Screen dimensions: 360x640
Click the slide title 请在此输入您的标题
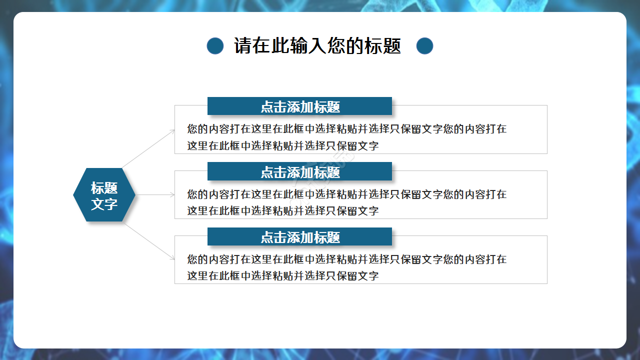(x=317, y=46)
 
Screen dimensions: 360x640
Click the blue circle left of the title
(x=215, y=46)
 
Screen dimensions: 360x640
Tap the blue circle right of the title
(x=424, y=46)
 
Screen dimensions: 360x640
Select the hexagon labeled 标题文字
(x=104, y=195)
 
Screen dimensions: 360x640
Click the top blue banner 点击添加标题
(x=299, y=106)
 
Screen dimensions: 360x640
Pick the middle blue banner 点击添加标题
(x=299, y=172)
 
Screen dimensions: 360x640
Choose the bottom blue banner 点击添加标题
(x=299, y=237)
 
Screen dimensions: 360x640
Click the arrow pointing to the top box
(x=148, y=148)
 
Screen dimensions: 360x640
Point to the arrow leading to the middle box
(x=155, y=195)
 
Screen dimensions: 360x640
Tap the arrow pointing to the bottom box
(x=148, y=241)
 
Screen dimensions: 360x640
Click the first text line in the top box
(x=346, y=129)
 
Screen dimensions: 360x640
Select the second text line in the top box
(x=282, y=146)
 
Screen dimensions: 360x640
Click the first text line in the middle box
(x=346, y=194)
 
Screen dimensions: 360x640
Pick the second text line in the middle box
(x=282, y=211)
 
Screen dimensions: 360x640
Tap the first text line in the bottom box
(x=346, y=259)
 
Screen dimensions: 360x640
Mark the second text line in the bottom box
(x=282, y=276)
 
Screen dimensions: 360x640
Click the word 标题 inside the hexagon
(x=104, y=188)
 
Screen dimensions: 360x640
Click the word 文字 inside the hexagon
(x=104, y=204)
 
